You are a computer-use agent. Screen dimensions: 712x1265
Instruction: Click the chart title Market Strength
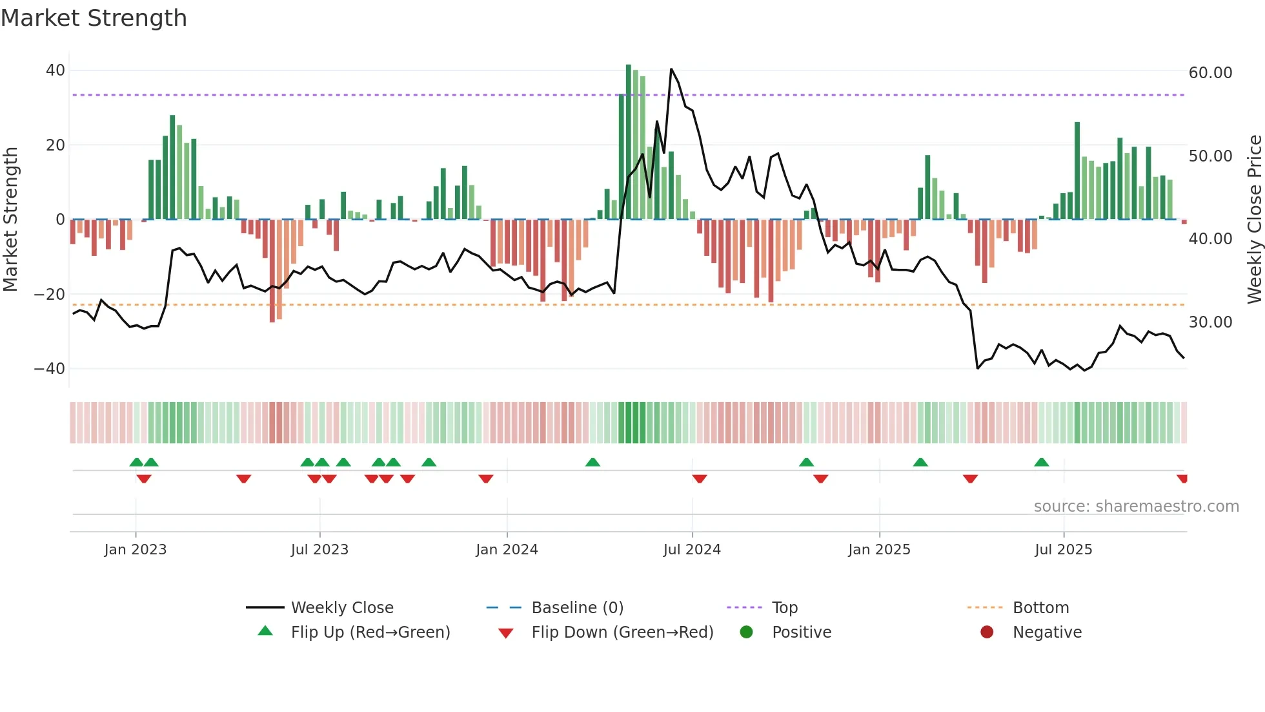pyautogui.click(x=94, y=18)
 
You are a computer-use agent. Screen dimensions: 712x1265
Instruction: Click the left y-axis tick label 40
pyautogui.click(x=56, y=70)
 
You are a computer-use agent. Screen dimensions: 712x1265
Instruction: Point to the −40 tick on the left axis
pyautogui.click(x=50, y=369)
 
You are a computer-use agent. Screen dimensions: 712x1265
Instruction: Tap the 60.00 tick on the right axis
pyautogui.click(x=1210, y=73)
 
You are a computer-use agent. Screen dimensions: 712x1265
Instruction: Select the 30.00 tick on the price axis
pyautogui.click(x=1210, y=322)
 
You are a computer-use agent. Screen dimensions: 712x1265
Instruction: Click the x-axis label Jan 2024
pyautogui.click(x=507, y=550)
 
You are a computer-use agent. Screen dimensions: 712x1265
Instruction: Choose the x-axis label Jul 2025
pyautogui.click(x=1063, y=550)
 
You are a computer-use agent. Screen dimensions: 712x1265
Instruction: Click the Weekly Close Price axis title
pyautogui.click(x=1254, y=220)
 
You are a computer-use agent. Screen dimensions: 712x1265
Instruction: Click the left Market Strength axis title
pyautogui.click(x=10, y=220)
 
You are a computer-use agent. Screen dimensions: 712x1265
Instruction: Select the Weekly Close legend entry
pyautogui.click(x=341, y=608)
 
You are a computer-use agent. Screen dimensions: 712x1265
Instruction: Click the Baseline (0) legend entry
pyautogui.click(x=577, y=608)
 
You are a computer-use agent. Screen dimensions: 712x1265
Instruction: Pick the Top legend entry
pyautogui.click(x=784, y=608)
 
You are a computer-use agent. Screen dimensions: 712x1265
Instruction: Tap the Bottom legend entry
pyautogui.click(x=1040, y=608)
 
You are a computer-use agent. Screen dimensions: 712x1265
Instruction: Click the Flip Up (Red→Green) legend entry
pyautogui.click(x=370, y=633)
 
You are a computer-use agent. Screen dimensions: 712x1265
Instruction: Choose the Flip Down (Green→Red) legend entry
pyautogui.click(x=622, y=633)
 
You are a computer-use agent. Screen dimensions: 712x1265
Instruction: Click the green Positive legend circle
pyautogui.click(x=746, y=633)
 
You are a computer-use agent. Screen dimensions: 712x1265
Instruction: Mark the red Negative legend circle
pyautogui.click(x=987, y=633)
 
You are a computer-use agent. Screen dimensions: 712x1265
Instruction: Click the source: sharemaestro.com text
pyautogui.click(x=1136, y=507)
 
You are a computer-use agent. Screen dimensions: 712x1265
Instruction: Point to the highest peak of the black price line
pyautogui.click(x=671, y=69)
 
